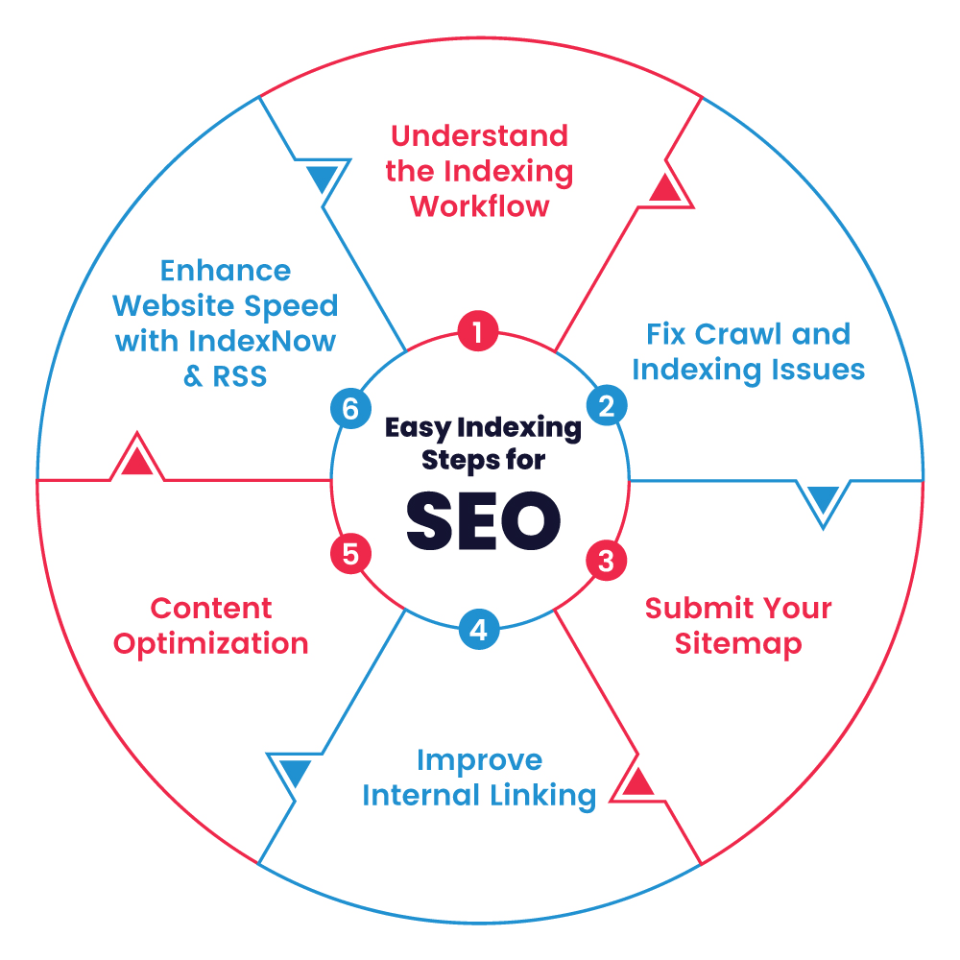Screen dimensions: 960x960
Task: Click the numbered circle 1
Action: pyautogui.click(x=478, y=332)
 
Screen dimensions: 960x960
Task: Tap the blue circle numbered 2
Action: pyautogui.click(x=606, y=406)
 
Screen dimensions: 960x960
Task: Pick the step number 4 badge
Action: pyautogui.click(x=478, y=630)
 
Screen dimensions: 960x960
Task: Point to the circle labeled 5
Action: pyautogui.click(x=350, y=555)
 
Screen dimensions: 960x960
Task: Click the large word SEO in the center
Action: pyautogui.click(x=483, y=519)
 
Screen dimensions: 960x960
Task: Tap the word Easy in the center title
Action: pyautogui.click(x=418, y=428)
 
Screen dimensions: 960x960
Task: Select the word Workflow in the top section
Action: pyautogui.click(x=480, y=206)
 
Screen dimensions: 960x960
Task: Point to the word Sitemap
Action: pyautogui.click(x=737, y=643)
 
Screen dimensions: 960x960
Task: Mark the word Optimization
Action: pyautogui.click(x=211, y=643)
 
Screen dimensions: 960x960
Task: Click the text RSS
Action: pyautogui.click(x=240, y=377)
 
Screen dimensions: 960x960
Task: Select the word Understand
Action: pyautogui.click(x=479, y=135)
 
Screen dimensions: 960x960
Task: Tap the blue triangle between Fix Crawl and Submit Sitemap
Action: pyautogui.click(x=823, y=499)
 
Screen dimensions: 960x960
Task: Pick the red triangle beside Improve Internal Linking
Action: pyautogui.click(x=637, y=781)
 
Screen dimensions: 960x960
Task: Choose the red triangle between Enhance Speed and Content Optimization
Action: pyautogui.click(x=137, y=462)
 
